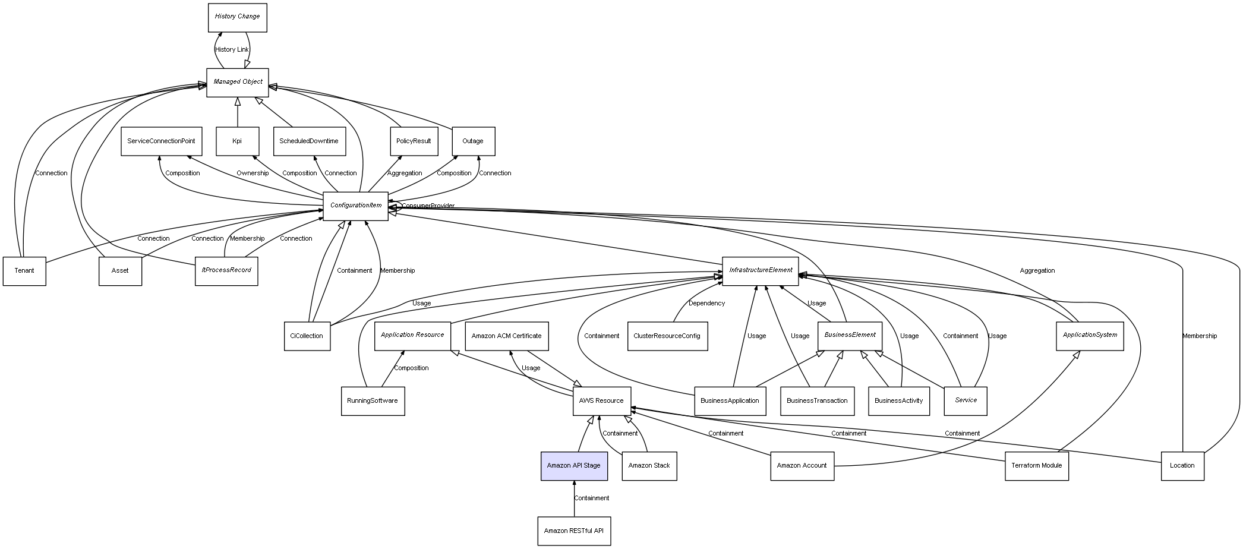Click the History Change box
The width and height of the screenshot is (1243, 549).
pos(237,17)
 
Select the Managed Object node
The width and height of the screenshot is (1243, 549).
pos(238,82)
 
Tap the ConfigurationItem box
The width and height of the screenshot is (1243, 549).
pos(355,206)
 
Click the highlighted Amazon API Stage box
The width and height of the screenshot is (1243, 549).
pos(574,466)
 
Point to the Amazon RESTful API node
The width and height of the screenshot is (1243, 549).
pos(574,531)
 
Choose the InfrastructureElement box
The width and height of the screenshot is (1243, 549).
pos(761,270)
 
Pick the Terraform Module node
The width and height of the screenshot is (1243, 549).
pos(1037,466)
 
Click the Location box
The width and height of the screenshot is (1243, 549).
pos(1182,466)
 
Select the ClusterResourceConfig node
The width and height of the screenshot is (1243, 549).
pos(667,336)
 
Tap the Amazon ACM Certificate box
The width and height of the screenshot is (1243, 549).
pos(507,336)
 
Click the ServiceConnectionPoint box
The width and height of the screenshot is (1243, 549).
pos(162,141)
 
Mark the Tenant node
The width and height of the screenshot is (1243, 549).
pos(24,271)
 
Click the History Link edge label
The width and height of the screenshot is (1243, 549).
pos(232,50)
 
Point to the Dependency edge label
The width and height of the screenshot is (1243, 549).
pos(707,304)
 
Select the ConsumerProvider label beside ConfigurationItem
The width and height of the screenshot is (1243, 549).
pos(428,206)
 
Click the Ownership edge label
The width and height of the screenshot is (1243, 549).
pos(253,173)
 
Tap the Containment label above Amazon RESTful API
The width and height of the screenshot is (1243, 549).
pos(592,498)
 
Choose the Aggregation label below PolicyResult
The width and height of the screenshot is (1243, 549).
pos(405,173)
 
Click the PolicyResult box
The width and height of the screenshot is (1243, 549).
pos(414,141)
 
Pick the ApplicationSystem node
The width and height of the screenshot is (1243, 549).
pos(1090,336)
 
